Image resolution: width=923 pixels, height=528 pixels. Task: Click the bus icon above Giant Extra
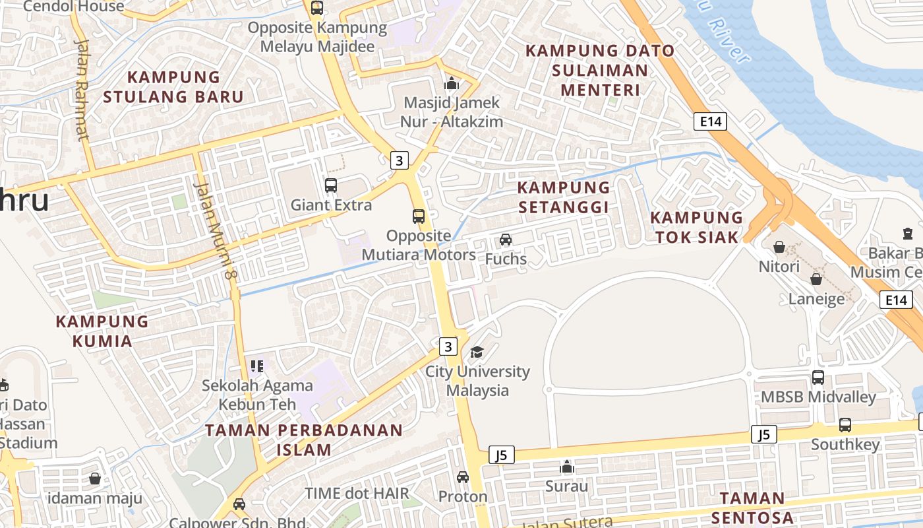[331, 185]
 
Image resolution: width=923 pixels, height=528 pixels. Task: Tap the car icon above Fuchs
[506, 240]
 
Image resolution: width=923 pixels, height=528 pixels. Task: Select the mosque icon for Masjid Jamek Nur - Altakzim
[452, 84]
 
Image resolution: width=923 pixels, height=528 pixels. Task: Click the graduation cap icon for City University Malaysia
[477, 352]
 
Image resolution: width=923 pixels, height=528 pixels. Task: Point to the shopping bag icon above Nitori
[779, 247]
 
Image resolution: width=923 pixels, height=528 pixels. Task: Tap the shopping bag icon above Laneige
[816, 279]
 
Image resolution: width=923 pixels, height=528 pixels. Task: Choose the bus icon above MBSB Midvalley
[818, 378]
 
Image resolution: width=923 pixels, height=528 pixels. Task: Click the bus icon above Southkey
[845, 425]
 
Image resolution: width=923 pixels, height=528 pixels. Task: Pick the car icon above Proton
[463, 477]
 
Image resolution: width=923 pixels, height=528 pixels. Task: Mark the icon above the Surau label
[566, 467]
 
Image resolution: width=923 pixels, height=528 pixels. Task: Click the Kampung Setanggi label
[563, 197]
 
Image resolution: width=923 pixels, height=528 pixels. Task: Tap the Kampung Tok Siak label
[697, 227]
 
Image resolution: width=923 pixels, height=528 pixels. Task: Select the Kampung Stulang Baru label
[173, 86]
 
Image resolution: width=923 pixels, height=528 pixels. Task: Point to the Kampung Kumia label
[102, 331]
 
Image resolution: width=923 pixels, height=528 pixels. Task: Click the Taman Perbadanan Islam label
[304, 440]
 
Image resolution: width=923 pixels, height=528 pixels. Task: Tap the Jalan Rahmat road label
[82, 90]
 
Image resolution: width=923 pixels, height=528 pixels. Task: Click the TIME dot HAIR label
[357, 493]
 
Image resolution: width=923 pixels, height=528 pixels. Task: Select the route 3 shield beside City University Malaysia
[448, 346]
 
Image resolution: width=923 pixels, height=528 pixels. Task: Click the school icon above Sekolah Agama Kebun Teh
[256, 366]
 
